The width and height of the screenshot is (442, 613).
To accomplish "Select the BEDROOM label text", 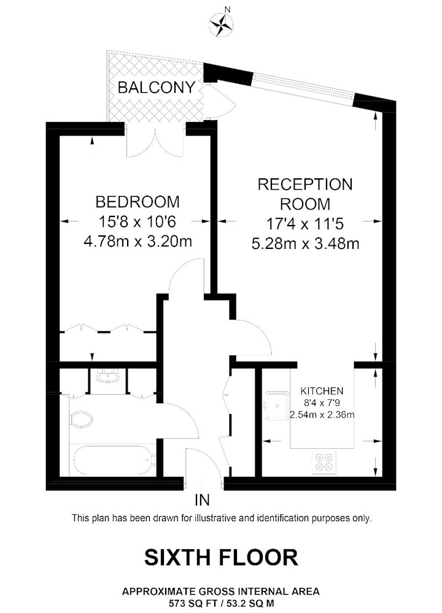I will click(x=138, y=201).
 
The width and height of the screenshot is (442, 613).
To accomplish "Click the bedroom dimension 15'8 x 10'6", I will click(x=138, y=221).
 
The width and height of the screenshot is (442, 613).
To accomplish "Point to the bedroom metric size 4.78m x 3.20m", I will click(x=138, y=242).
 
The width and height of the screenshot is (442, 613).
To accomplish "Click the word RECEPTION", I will click(x=305, y=184).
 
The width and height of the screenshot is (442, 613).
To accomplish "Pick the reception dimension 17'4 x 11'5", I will click(x=305, y=224).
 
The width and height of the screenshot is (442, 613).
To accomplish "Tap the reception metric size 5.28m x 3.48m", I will click(x=305, y=244).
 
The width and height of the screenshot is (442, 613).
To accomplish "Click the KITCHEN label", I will click(x=321, y=390).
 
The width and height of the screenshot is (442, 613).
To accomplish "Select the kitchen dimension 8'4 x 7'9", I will click(x=321, y=403).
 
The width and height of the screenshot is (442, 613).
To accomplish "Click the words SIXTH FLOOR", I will click(x=221, y=557).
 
